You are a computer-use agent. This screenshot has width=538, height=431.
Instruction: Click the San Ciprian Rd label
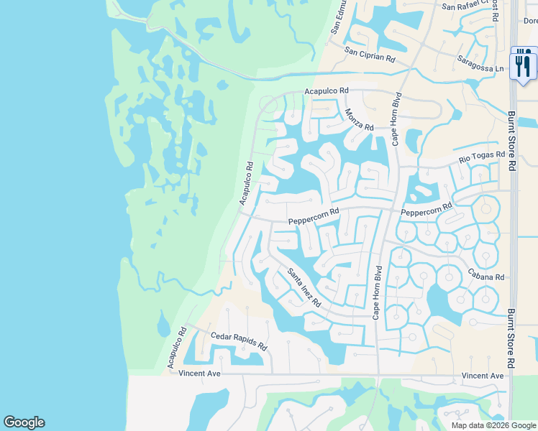pos(370,53)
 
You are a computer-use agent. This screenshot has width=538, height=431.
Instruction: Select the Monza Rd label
pos(359,119)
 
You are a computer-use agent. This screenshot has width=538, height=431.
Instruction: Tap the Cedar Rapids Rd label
pos(239,340)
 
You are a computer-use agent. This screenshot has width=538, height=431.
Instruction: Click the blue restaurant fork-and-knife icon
pos(523,65)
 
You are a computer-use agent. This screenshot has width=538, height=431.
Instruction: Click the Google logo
pos(24,422)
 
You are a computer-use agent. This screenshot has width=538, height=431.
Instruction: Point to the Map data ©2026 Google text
pos(493,425)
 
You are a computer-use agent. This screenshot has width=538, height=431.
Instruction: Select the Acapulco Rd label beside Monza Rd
pos(326,91)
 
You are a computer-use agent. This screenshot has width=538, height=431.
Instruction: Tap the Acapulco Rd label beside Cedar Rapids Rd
pos(176,349)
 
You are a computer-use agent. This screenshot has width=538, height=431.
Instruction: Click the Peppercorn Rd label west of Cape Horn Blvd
pos(313,216)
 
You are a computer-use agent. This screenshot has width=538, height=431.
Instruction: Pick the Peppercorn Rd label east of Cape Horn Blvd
pos(426,210)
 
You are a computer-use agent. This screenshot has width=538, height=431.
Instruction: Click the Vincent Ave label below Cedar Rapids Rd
pos(199,374)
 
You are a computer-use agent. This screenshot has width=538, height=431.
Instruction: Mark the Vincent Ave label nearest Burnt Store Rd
pos(483,376)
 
